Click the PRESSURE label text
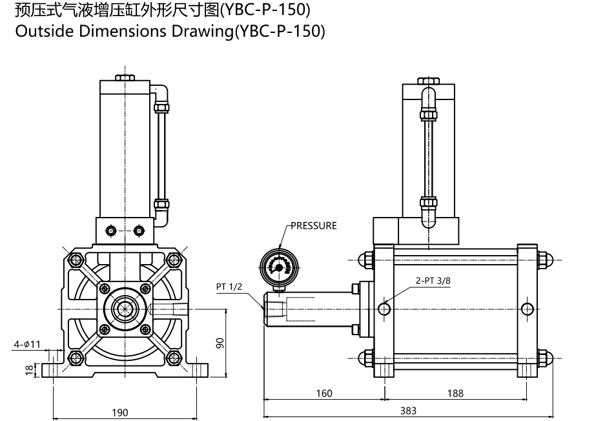pos(314,226)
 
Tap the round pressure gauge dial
pos(279,265)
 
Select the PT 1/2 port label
pos(229,286)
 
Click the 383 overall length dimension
pos(407,410)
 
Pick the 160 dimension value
pos(324,392)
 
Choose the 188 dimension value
pos(455,392)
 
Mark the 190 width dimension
pos(120,413)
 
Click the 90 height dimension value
pos(220,343)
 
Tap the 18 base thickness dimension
pos(28,369)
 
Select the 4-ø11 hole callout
pos(27,344)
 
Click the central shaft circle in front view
pos(124,309)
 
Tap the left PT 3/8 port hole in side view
pos(385,309)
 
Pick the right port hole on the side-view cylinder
pos(528,309)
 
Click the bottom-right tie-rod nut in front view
pos(172,357)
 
